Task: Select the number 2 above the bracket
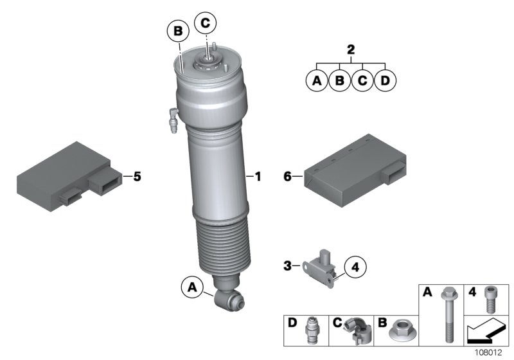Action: (350, 50)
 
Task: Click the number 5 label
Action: (136, 175)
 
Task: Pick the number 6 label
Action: (287, 175)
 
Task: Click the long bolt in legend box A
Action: (445, 315)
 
